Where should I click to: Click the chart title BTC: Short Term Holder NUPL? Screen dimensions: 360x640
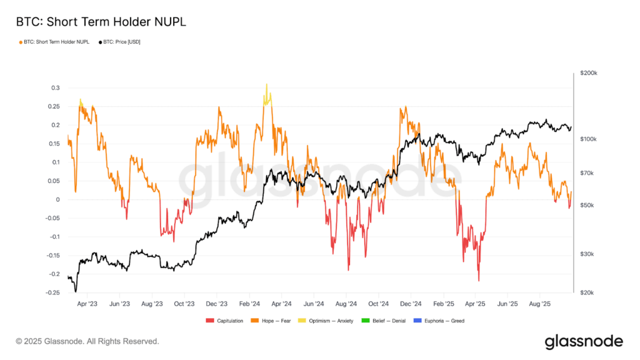click(x=100, y=22)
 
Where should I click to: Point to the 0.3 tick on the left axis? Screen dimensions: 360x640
click(x=56, y=87)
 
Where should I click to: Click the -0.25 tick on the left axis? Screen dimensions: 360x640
click(x=52, y=292)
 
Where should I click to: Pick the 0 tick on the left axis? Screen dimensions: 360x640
click(x=59, y=199)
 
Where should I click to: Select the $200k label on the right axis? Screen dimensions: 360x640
click(x=589, y=73)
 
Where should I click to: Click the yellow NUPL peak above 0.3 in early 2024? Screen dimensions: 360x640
click(x=266, y=86)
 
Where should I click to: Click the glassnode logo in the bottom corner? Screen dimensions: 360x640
click(x=584, y=341)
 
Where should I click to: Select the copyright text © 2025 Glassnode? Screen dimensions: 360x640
click(x=87, y=342)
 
